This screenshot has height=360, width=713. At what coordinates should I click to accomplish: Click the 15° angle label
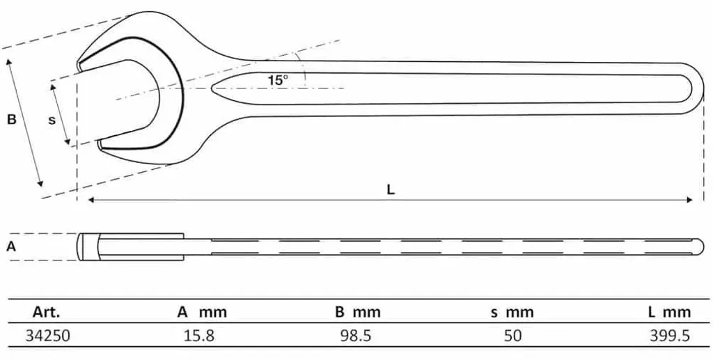(x=277, y=81)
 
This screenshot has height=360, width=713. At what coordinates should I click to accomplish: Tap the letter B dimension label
(x=13, y=120)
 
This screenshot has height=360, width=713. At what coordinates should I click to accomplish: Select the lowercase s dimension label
(x=52, y=120)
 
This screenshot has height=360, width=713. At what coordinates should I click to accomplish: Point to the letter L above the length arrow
(x=391, y=189)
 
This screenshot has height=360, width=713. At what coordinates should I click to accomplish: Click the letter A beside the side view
(x=11, y=246)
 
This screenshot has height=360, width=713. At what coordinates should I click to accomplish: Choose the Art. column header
(x=46, y=312)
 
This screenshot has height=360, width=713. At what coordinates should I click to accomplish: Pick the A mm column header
(x=201, y=312)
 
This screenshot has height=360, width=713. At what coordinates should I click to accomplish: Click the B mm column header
(x=357, y=312)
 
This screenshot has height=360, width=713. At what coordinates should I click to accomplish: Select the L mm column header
(x=669, y=312)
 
